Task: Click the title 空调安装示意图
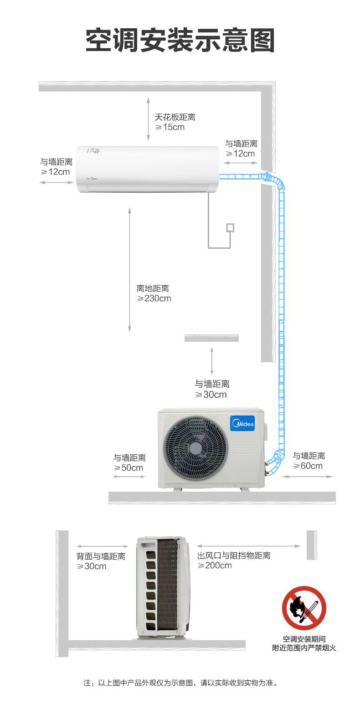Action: [180, 41]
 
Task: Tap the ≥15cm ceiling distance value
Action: [170, 127]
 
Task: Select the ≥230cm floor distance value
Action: [154, 298]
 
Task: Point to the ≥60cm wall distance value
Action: [308, 466]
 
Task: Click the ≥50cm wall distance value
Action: [129, 468]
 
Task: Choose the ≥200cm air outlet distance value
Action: [215, 565]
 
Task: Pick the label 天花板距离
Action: [175, 117]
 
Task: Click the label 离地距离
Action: [153, 288]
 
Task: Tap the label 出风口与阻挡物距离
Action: [234, 556]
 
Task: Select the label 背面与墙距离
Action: [101, 556]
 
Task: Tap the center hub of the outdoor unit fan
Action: [196, 448]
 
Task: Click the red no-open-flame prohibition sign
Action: [304, 608]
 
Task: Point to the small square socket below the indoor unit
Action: [231, 227]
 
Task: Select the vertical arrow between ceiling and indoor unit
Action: [148, 118]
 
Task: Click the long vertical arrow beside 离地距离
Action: [130, 269]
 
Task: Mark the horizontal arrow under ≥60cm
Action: [308, 477]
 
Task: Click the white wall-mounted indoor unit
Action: [147, 169]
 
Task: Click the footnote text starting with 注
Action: [180, 683]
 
